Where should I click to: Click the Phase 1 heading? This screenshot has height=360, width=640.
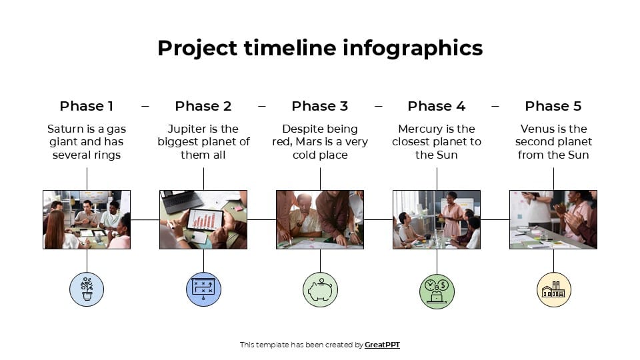(x=87, y=106)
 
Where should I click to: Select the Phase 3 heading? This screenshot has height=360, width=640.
(x=320, y=106)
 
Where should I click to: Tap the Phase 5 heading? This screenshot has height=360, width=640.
(x=553, y=106)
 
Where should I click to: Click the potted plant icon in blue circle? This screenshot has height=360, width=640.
(x=87, y=289)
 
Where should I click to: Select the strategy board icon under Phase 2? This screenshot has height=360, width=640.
(x=203, y=289)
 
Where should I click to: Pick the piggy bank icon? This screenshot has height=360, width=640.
(x=320, y=289)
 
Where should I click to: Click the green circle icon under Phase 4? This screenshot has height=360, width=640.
(x=437, y=289)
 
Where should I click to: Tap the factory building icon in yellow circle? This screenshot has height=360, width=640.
(x=553, y=289)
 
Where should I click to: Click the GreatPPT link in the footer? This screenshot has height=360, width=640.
(x=382, y=345)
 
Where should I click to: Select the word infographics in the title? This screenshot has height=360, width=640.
(x=413, y=48)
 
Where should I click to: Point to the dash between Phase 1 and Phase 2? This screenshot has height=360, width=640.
(x=145, y=106)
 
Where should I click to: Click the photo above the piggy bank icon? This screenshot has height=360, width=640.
(x=320, y=219)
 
